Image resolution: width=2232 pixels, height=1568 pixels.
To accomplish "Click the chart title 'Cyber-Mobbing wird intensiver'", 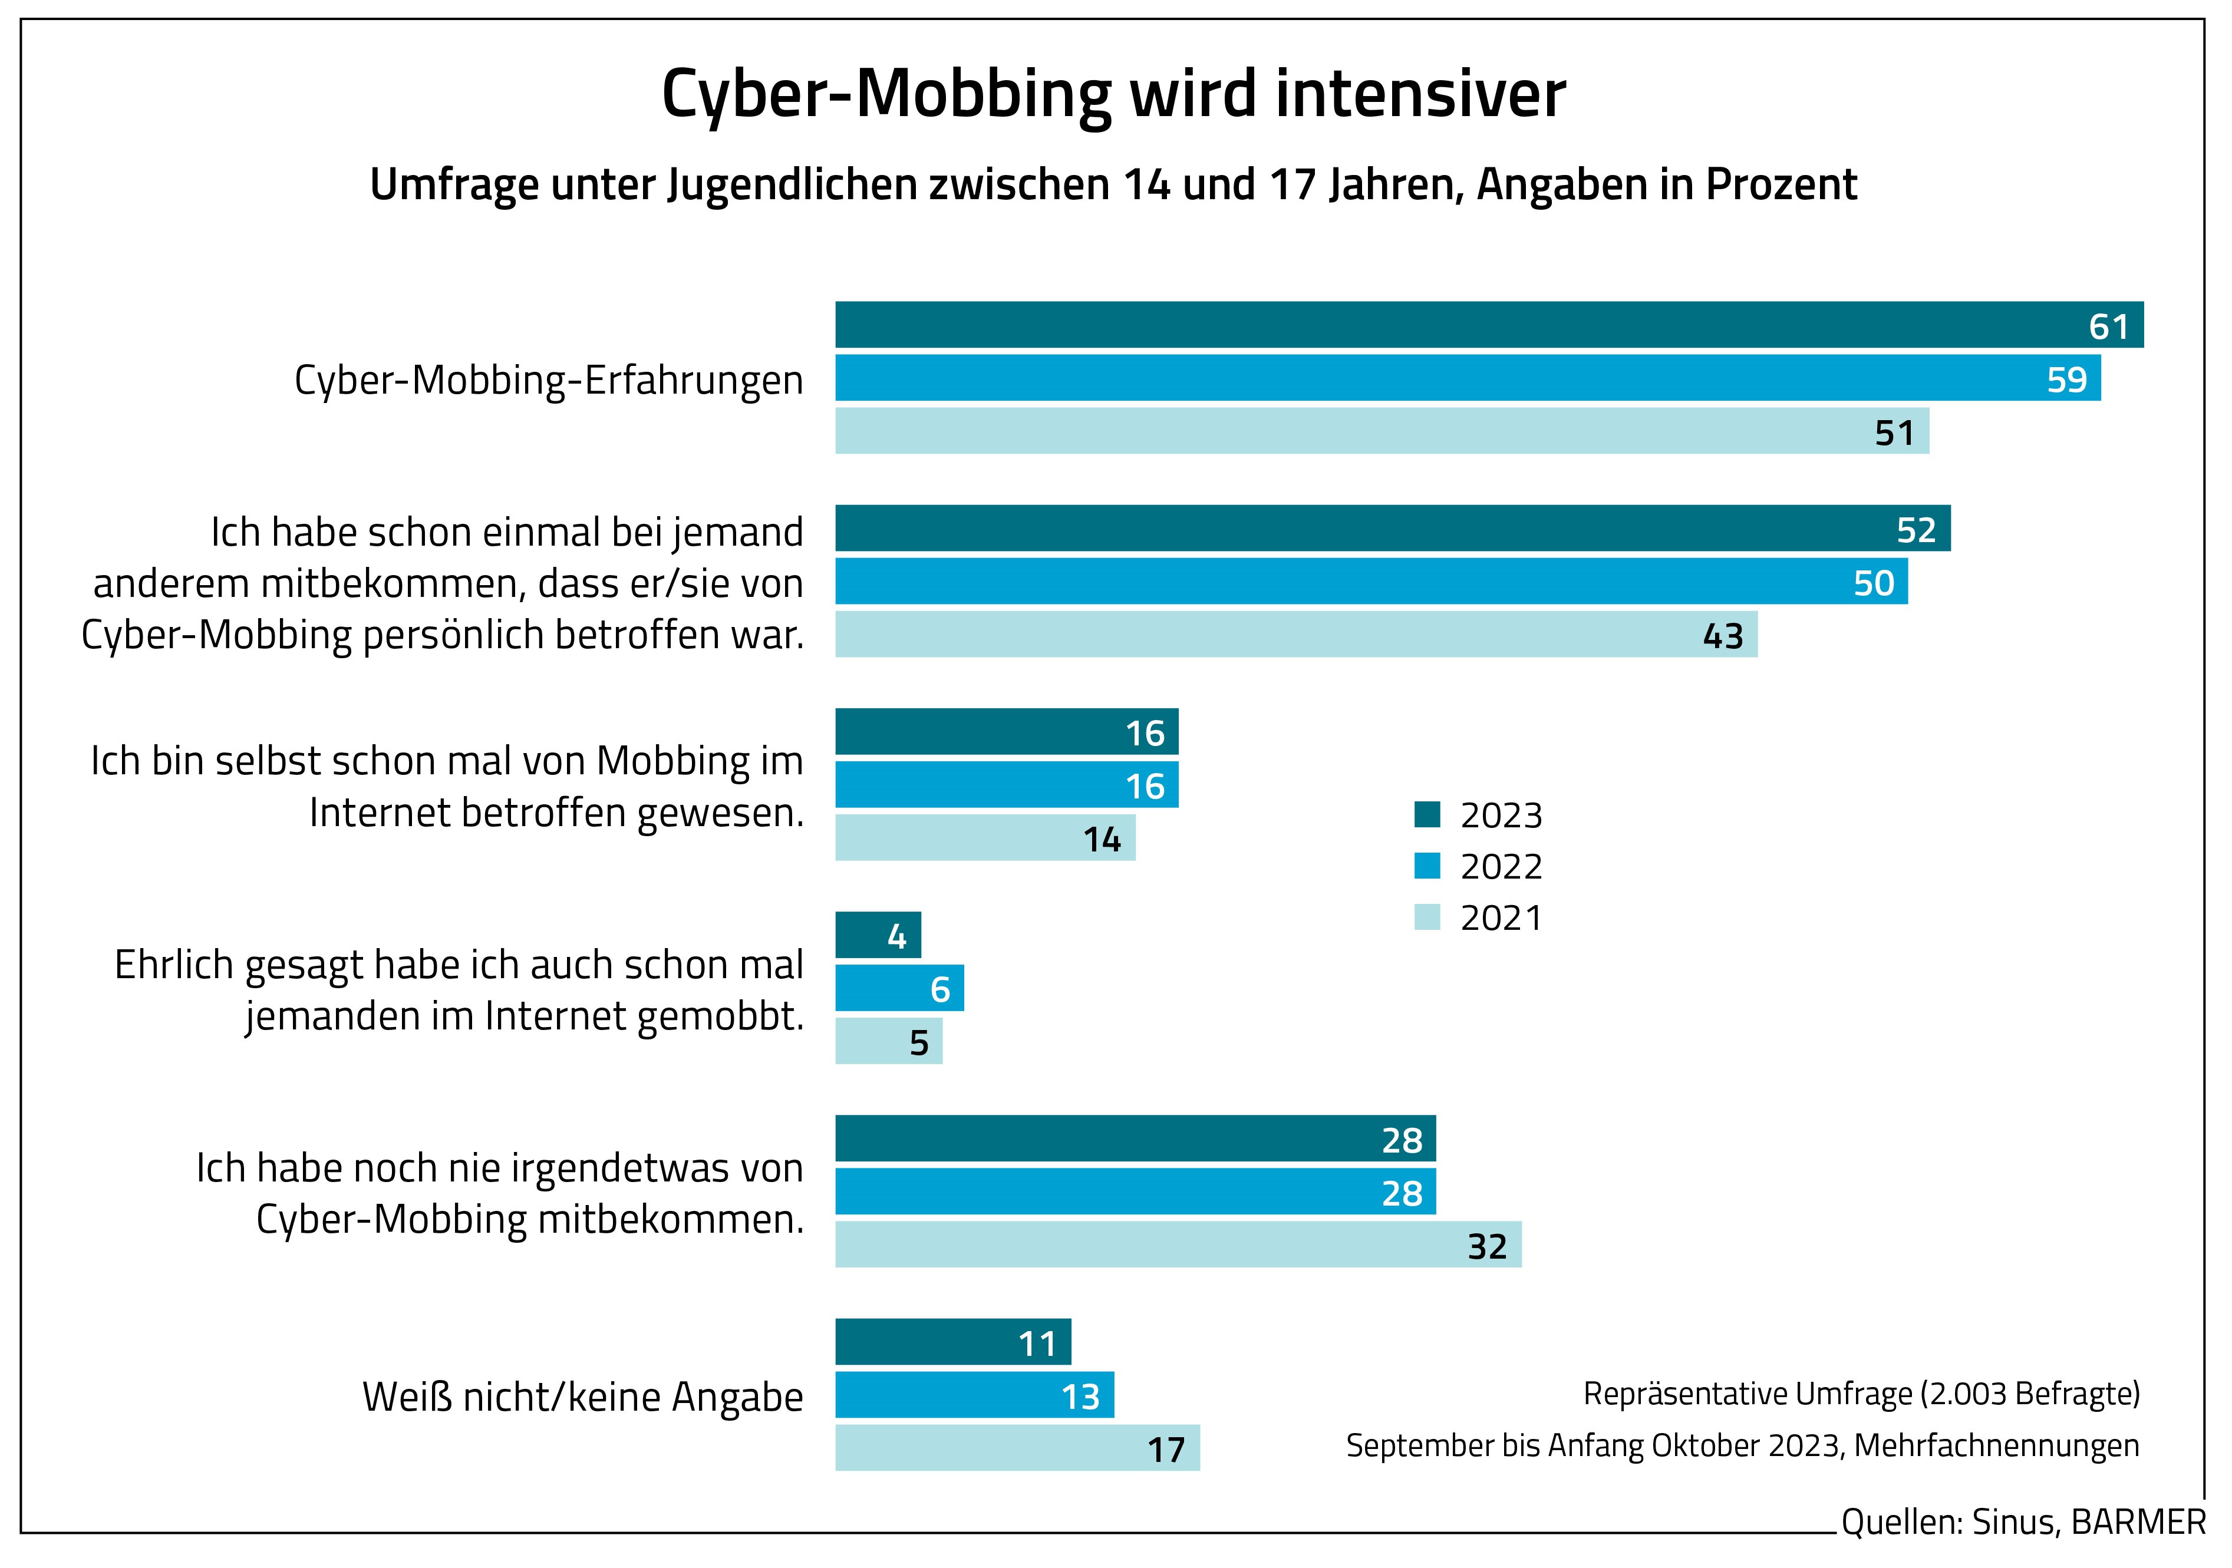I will (1113, 94).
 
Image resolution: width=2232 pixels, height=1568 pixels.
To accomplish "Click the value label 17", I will (1166, 1450).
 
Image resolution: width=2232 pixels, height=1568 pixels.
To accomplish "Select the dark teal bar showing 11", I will (952, 1342).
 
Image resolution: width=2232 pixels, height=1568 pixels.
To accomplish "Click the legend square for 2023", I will (1426, 814).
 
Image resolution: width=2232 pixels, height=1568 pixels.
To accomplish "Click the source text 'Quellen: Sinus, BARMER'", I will (2022, 1522).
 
